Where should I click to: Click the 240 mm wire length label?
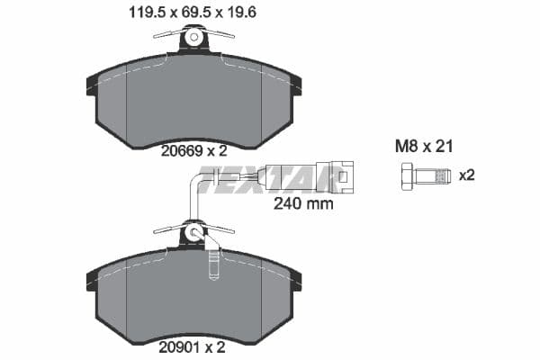click(x=302, y=203)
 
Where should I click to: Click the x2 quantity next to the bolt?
click(x=466, y=175)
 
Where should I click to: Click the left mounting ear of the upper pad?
click(x=91, y=85)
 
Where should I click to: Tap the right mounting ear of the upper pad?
click(x=295, y=85)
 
